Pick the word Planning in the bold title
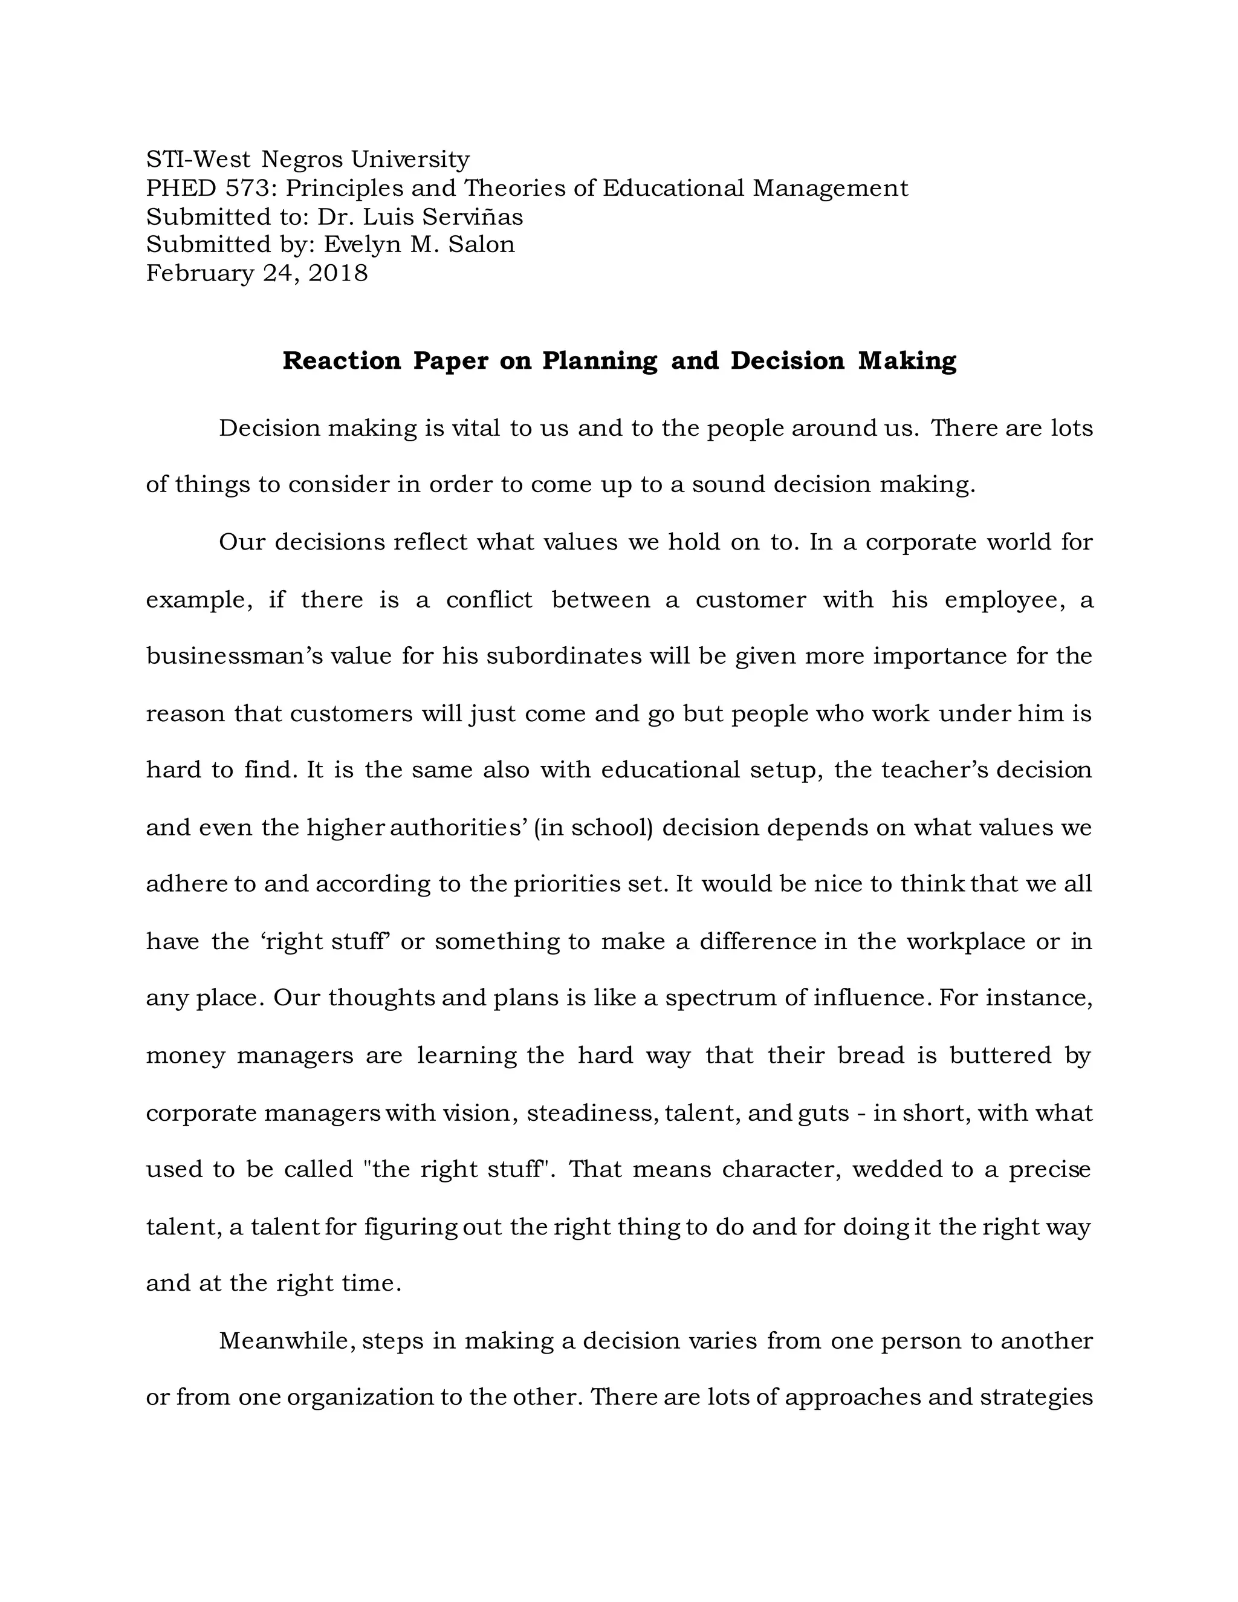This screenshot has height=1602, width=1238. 600,361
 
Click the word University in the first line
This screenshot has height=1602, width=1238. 410,159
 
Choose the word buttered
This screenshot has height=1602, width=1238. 1000,1056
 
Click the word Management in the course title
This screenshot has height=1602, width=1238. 830,189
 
